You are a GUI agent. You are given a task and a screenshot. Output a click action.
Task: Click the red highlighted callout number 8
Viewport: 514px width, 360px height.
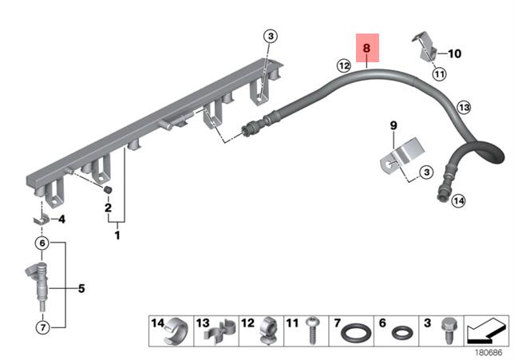(367, 48)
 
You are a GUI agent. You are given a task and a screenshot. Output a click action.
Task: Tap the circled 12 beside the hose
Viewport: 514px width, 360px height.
(344, 66)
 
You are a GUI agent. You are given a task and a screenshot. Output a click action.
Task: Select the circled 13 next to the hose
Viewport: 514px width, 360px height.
(464, 107)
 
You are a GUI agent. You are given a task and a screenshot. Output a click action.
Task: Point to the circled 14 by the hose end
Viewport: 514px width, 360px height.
(458, 200)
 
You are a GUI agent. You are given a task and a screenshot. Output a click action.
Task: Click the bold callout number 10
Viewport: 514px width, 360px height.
(454, 53)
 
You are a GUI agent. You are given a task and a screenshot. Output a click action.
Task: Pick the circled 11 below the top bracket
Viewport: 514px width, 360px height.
(439, 74)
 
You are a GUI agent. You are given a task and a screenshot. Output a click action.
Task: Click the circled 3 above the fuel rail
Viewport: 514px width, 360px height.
(271, 36)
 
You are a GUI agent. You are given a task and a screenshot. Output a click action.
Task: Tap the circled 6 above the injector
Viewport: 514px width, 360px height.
(42, 243)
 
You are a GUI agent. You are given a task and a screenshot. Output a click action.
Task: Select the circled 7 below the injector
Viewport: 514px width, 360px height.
(42, 327)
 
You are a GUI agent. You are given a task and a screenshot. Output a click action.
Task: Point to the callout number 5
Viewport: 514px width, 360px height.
(81, 288)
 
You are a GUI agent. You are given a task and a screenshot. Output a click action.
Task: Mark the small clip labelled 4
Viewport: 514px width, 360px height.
(42, 219)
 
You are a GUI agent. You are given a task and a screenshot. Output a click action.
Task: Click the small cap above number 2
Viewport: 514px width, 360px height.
(108, 189)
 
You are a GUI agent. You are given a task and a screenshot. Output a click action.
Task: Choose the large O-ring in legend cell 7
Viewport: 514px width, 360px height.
(356, 333)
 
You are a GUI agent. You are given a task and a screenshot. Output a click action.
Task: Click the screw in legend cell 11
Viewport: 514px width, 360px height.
(313, 330)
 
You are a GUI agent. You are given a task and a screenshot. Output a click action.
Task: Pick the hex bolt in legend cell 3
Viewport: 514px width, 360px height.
(448, 330)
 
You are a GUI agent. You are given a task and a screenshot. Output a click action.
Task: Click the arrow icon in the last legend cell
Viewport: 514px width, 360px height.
(486, 330)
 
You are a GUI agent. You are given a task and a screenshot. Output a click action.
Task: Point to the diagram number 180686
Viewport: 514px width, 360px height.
(488, 353)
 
